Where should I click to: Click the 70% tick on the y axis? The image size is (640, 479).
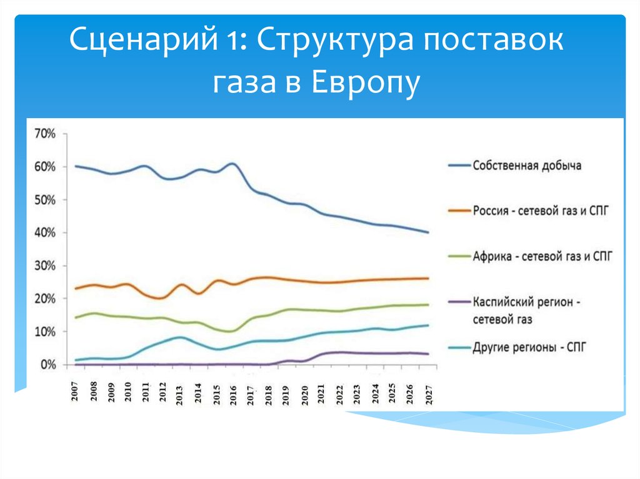point(46,134)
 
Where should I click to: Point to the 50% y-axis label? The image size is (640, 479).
point(46,200)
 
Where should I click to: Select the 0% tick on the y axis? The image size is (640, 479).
point(48,365)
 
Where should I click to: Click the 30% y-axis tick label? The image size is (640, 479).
point(46,266)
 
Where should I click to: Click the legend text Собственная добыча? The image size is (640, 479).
point(527,165)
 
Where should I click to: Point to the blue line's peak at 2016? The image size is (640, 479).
point(232,164)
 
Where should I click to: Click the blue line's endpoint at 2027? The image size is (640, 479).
point(428,232)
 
